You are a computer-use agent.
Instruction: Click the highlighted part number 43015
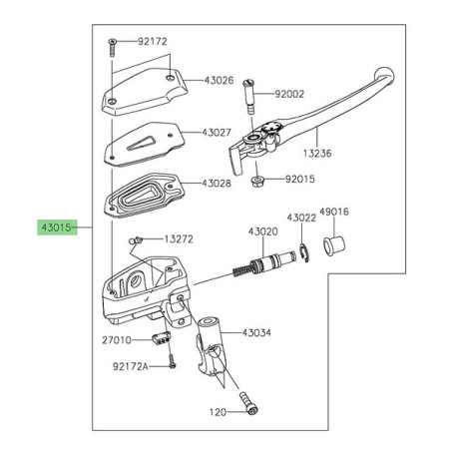[x=57, y=226]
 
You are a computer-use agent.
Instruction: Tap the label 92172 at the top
[x=152, y=42]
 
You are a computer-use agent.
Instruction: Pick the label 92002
[x=288, y=95]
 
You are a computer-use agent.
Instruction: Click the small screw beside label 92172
[x=114, y=43]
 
